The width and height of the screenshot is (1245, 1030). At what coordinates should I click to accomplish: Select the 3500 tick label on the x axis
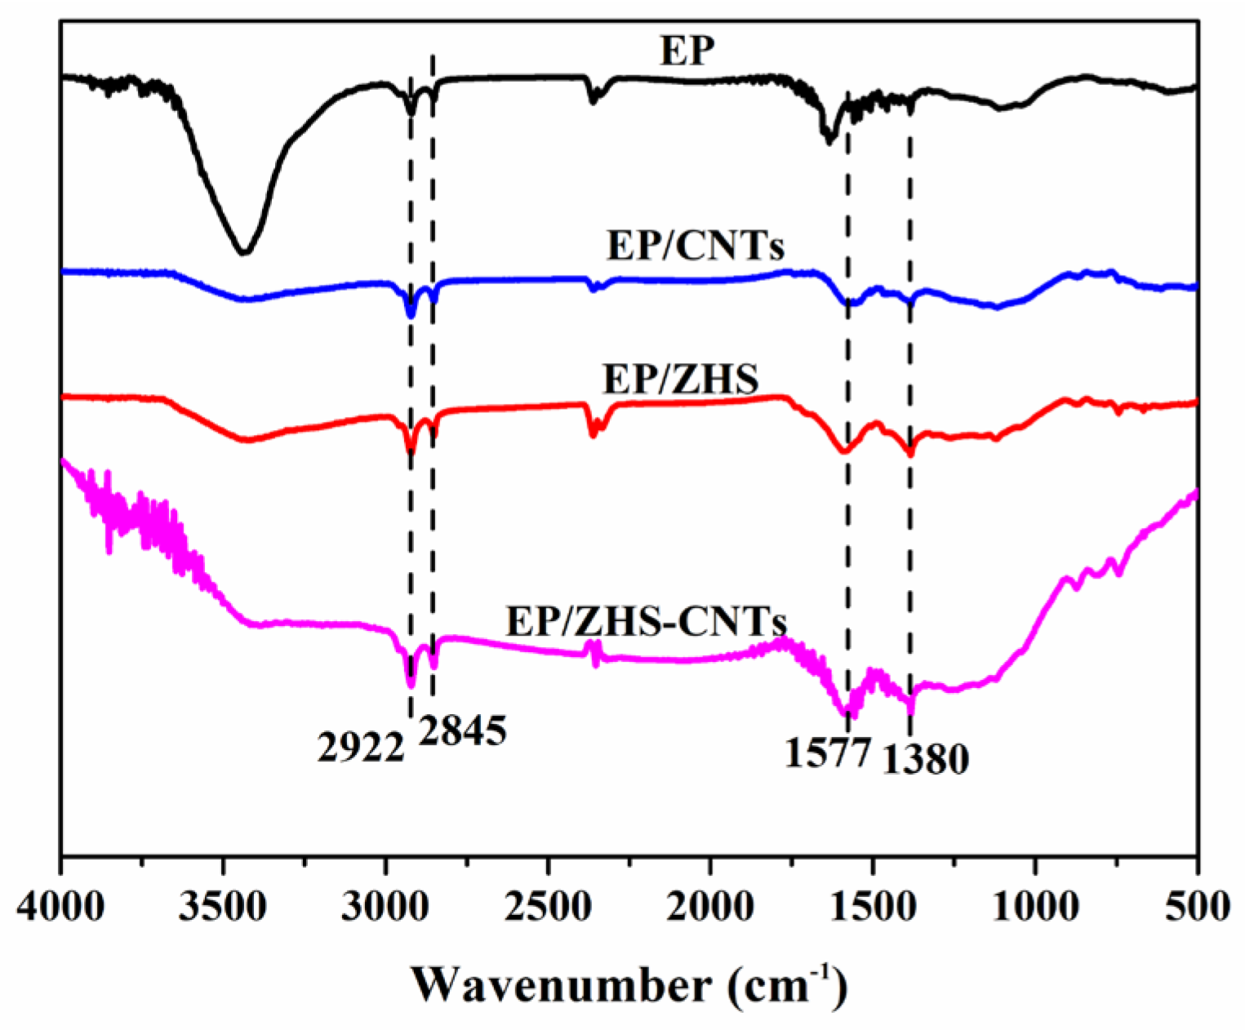point(223,907)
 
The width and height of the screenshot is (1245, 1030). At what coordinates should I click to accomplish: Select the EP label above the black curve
point(687,51)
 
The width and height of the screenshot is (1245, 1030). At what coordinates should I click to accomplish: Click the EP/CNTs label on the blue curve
point(696,244)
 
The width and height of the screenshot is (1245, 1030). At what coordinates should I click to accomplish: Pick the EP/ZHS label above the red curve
point(680,379)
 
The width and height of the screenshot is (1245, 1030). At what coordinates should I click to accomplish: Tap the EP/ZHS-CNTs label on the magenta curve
point(646,622)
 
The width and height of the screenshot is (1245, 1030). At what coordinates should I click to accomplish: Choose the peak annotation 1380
point(926,760)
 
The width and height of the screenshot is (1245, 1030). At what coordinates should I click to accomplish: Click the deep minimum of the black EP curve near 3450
point(242,252)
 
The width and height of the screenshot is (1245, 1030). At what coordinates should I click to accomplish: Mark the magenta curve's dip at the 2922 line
point(411,682)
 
